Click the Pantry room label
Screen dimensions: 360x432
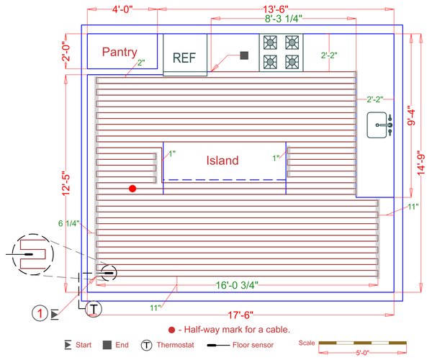click(x=120, y=52)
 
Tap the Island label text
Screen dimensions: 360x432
click(x=222, y=161)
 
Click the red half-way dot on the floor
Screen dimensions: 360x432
click(x=132, y=189)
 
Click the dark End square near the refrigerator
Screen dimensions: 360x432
click(x=244, y=55)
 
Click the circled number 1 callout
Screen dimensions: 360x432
click(x=40, y=313)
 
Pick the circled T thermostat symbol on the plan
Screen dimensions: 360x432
click(x=94, y=309)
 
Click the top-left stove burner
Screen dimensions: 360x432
click(x=271, y=42)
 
